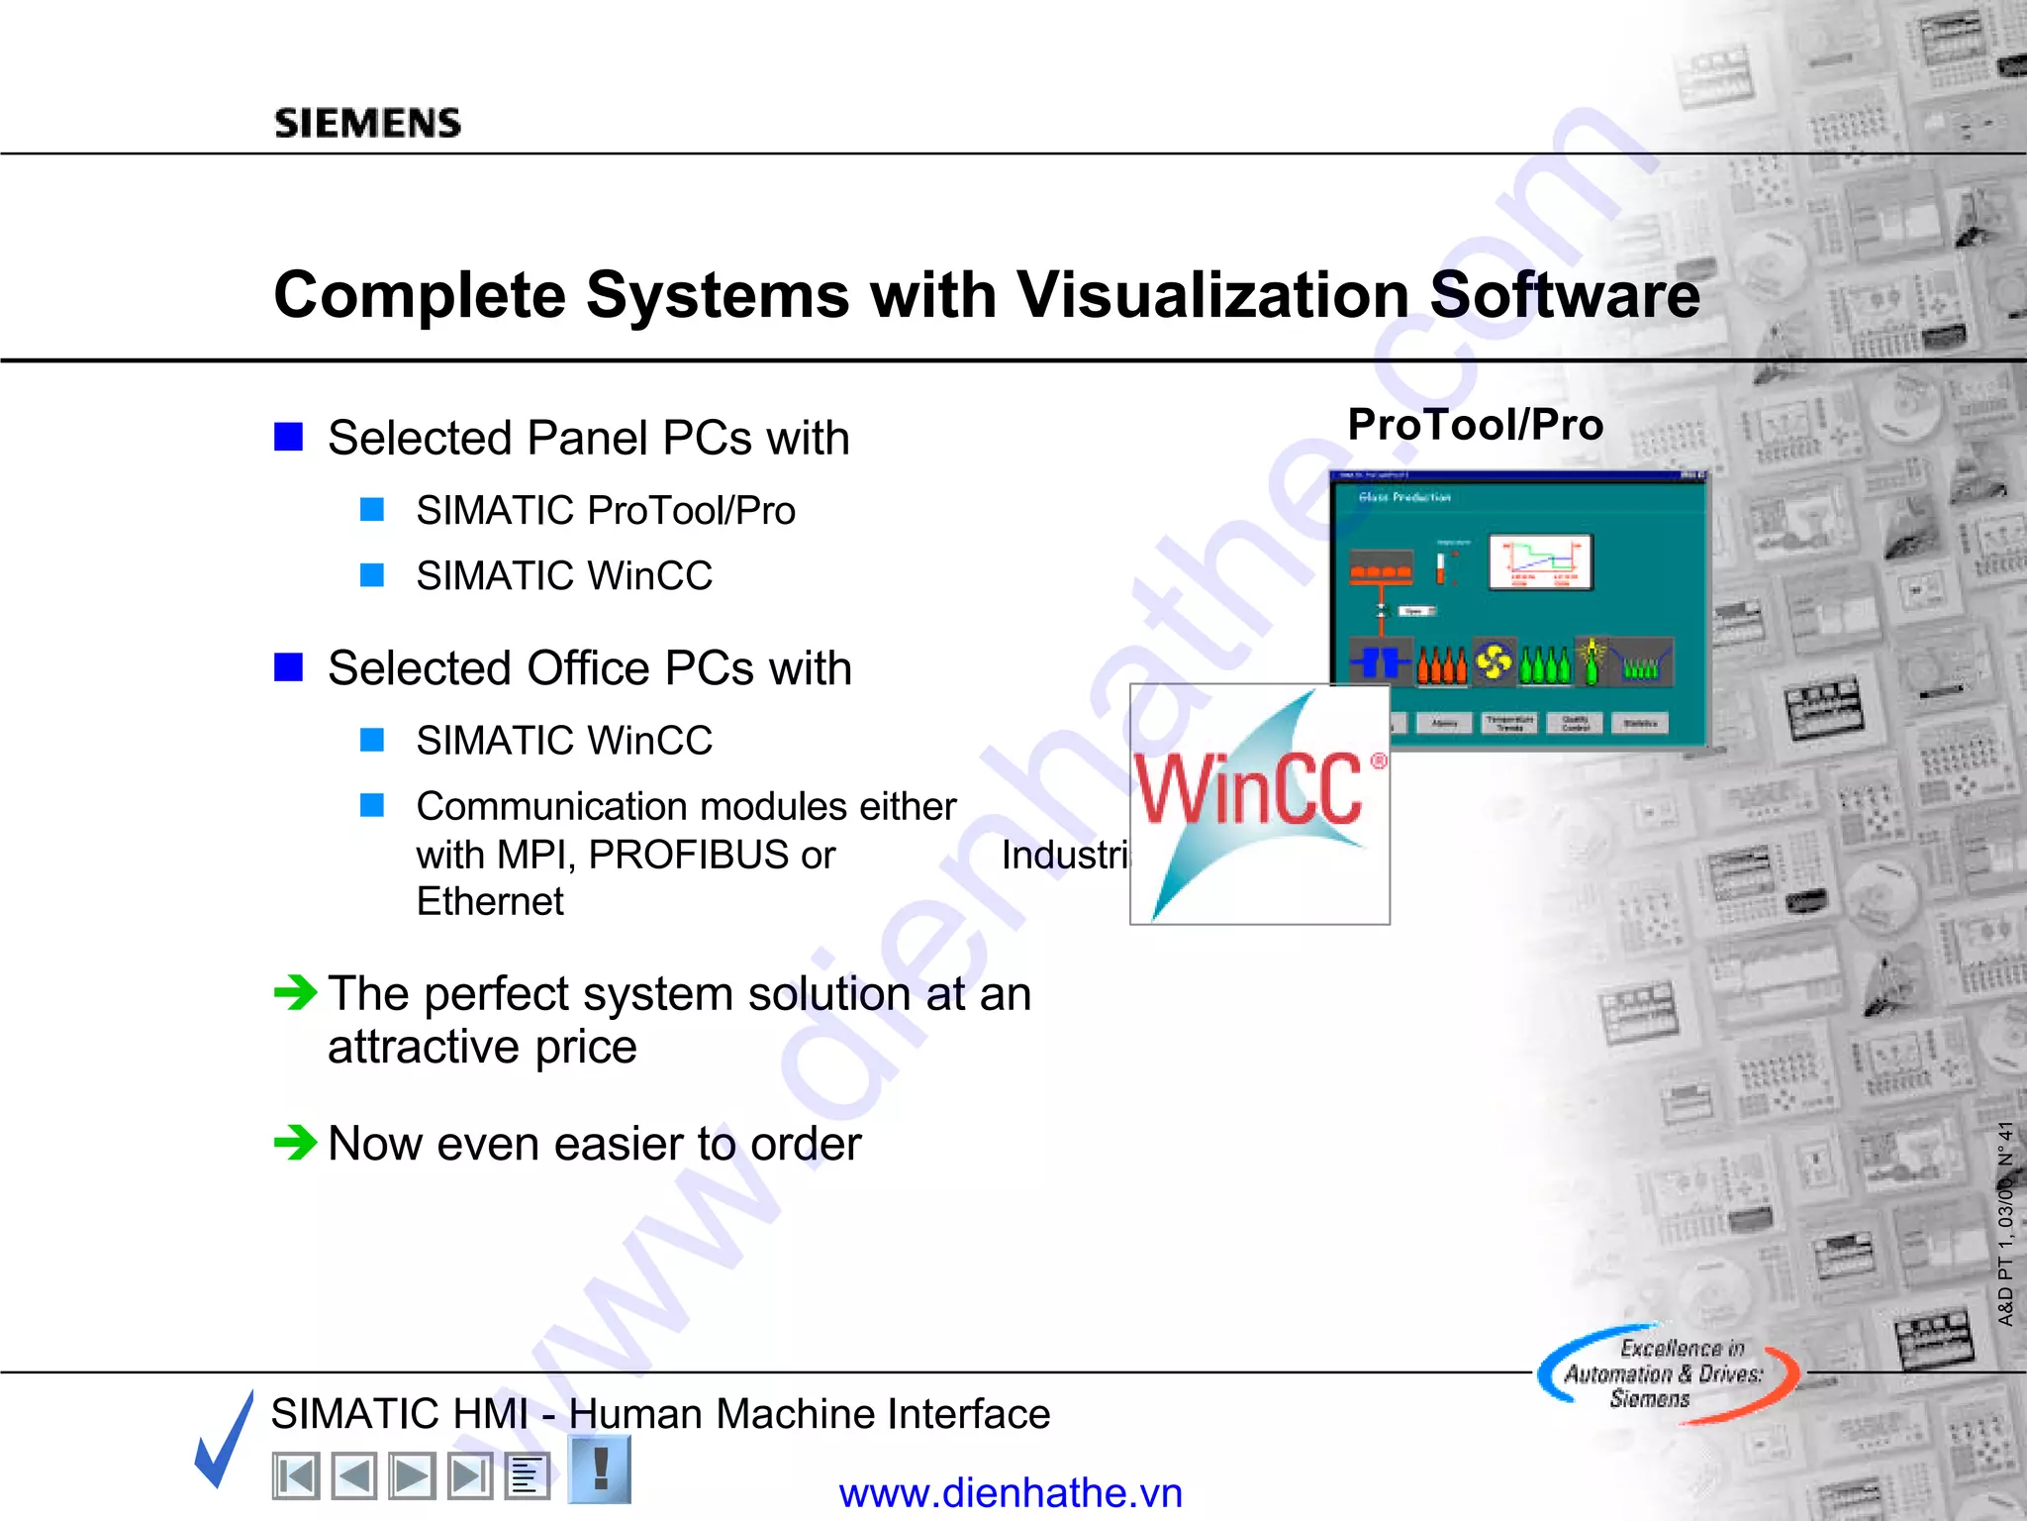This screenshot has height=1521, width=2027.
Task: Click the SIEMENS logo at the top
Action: (x=367, y=123)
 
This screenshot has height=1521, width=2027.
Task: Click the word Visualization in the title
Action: (x=1213, y=295)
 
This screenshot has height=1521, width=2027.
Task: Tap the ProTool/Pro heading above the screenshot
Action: (x=1475, y=425)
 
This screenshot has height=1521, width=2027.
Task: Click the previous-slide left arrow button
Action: (x=353, y=1476)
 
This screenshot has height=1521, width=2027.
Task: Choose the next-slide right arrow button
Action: (x=411, y=1476)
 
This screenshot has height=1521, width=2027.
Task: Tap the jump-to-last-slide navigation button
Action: (x=469, y=1476)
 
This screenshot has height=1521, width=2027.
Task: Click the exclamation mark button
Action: (x=600, y=1469)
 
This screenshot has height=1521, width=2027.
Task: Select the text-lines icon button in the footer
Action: (x=527, y=1476)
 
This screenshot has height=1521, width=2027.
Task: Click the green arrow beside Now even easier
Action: (x=295, y=1143)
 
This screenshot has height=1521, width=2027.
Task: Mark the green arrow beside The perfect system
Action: (x=295, y=991)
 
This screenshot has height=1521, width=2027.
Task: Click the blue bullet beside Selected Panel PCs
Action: (x=288, y=437)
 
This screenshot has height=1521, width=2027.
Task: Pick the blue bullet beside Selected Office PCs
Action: (x=288, y=667)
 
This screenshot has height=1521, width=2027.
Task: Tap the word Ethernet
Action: (x=490, y=902)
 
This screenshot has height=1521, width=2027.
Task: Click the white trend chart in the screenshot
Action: (x=1540, y=562)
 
